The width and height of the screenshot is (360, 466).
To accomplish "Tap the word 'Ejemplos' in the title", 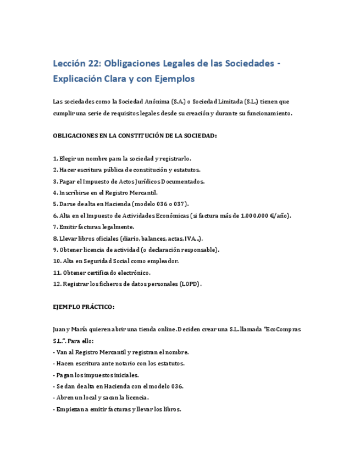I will point(174,79).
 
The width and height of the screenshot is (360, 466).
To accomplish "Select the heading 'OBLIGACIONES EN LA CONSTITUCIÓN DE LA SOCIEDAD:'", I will point(135,135).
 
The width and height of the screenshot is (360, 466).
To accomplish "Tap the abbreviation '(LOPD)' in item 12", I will point(190,284).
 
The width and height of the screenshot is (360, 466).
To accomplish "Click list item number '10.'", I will point(57,261).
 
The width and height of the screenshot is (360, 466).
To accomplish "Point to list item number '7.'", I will point(56,226).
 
